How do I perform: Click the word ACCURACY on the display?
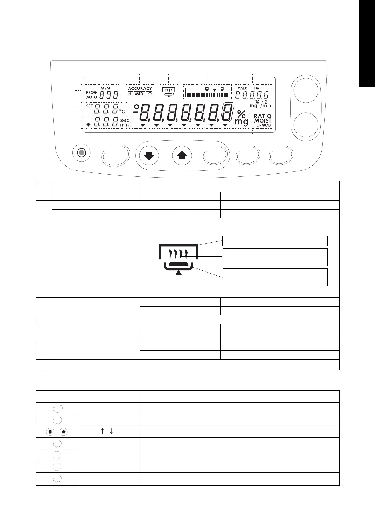coord(140,89)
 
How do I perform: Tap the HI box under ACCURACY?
coord(130,94)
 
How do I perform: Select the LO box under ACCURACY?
coord(149,94)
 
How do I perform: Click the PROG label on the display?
coord(91,93)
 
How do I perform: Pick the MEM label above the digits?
coord(105,88)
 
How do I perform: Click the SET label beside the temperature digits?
coord(89,106)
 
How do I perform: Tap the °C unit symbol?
coord(122,111)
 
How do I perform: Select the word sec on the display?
coord(125,120)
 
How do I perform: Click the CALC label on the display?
coord(243,88)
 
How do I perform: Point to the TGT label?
coord(257,88)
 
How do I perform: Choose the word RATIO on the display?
coord(262,116)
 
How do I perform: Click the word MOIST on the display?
coord(263,121)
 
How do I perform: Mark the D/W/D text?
coord(264,125)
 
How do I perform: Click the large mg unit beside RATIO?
coord(241,122)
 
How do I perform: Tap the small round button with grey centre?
coord(82,153)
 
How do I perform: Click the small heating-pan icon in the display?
coord(169,91)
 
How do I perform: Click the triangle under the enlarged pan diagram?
coord(179,273)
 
